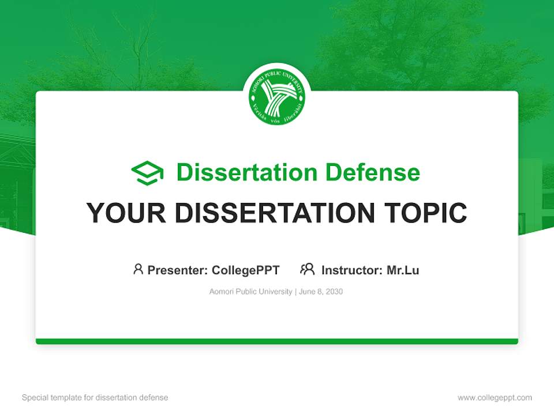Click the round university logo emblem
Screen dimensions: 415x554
(x=277, y=96)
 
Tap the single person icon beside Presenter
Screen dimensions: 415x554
(x=138, y=269)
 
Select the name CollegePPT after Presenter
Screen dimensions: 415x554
(x=245, y=270)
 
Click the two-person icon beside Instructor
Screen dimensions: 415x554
(x=307, y=269)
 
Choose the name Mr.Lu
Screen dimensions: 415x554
(x=403, y=270)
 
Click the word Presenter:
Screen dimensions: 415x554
(x=177, y=270)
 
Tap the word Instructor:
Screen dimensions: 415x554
(x=351, y=270)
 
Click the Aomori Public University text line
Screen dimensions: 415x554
(x=251, y=292)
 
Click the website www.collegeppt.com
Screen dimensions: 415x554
(x=495, y=398)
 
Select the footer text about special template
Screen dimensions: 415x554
(x=95, y=398)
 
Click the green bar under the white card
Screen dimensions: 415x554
(x=277, y=341)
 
